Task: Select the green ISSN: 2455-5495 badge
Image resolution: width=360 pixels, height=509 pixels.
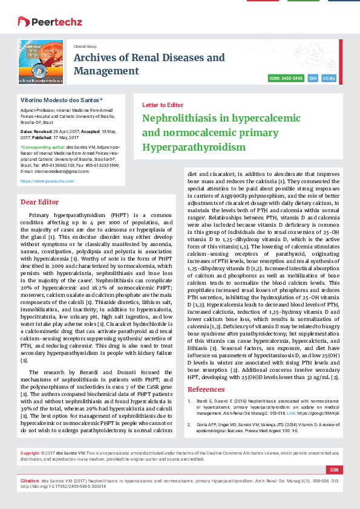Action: pyautogui.click(x=286, y=79)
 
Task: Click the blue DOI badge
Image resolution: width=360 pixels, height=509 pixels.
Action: pyautogui.click(x=313, y=79)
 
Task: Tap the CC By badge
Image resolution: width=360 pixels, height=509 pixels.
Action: pyautogui.click(x=329, y=79)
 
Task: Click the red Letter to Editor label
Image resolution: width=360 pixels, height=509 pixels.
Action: pyautogui.click(x=162, y=105)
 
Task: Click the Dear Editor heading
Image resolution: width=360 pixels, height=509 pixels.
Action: pyautogui.click(x=39, y=202)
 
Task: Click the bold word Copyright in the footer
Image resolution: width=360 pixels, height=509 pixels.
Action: pyautogui.click(x=30, y=453)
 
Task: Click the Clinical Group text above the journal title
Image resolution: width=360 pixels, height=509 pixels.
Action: pyautogui.click(x=85, y=46)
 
